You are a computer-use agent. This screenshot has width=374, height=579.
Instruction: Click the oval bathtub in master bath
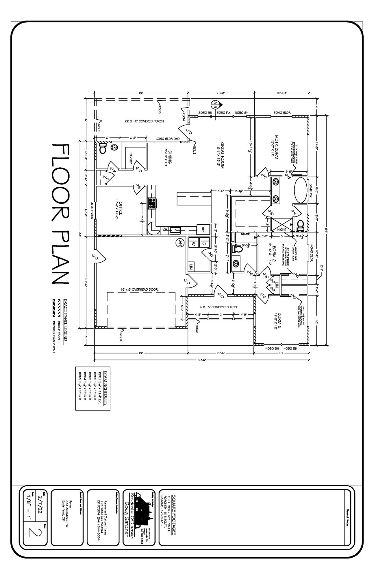coord(301,190)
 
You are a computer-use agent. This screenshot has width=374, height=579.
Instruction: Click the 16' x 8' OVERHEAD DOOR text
coord(139,289)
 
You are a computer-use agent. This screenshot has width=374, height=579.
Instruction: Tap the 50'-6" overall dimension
coord(201,360)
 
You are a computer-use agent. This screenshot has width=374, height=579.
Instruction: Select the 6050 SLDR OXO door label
coord(168,139)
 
